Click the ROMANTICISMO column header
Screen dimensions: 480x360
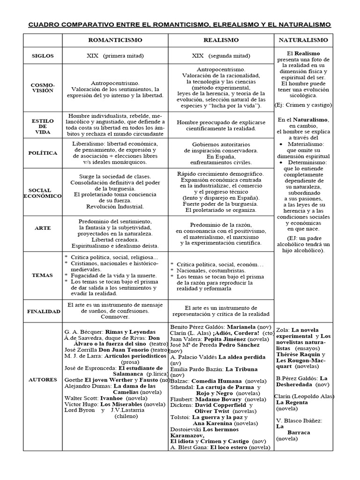pos(115,40)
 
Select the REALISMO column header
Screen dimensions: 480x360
pos(221,40)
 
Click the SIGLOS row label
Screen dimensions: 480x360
pos(43,56)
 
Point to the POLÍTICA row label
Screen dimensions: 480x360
pos(43,153)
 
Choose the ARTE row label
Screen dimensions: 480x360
pos(43,228)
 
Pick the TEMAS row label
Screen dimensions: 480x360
pos(43,275)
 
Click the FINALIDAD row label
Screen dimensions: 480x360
pos(43,311)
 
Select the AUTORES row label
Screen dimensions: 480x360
pos(43,379)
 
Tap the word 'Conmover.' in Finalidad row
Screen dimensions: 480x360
pos(115,317)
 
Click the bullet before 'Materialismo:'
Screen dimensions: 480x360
pos(280,144)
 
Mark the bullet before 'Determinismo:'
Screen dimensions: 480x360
pos(280,162)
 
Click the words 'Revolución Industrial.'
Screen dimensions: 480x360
pos(115,206)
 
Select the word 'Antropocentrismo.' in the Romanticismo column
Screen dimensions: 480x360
pos(115,82)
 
